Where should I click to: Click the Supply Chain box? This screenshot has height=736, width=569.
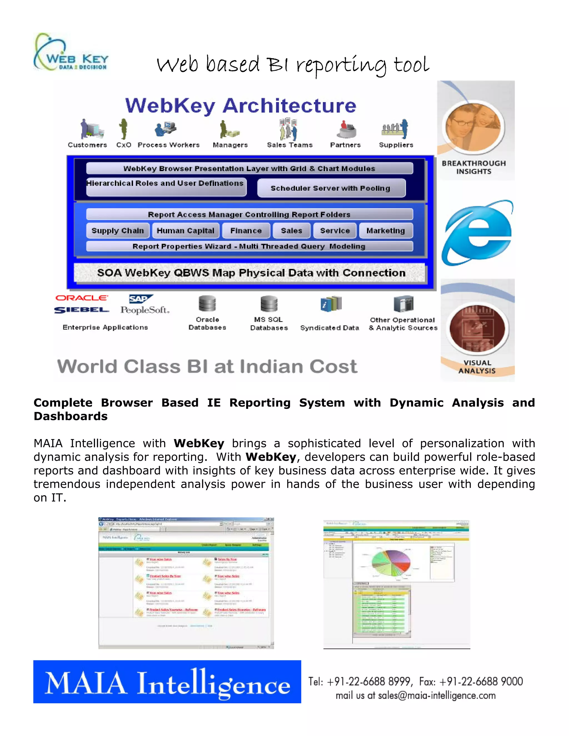coord(117,231)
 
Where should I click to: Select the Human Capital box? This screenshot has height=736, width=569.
coord(185,231)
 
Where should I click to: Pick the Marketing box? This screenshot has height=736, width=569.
coord(386,231)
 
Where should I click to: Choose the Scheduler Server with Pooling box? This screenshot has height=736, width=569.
coord(331,188)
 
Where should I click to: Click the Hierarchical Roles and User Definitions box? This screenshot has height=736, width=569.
coord(166,187)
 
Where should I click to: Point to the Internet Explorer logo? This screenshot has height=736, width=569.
coord(477,232)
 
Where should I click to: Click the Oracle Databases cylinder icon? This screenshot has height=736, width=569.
coord(207,304)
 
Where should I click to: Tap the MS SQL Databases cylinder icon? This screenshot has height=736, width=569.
coord(269,304)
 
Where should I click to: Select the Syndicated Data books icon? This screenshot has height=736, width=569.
coord(331,304)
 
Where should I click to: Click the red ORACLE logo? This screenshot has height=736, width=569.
coord(82,298)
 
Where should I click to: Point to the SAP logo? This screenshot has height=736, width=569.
coord(140,299)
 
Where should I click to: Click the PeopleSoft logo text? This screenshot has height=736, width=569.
coord(144,310)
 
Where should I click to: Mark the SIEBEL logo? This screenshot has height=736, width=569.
coord(82,310)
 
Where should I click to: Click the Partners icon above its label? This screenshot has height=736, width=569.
coord(346,129)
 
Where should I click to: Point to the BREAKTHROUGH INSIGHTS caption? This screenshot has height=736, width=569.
coord(474,167)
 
